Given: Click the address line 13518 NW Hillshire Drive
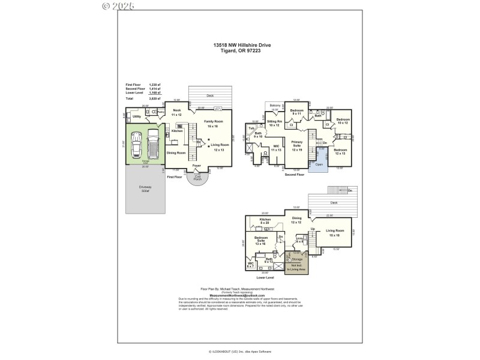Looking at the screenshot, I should click(x=240, y=44).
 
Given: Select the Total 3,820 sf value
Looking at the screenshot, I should click(x=155, y=97).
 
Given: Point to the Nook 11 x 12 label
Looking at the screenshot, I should click(x=176, y=112).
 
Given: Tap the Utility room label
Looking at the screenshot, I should click(x=136, y=116).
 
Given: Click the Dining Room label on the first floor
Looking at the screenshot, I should click(x=176, y=152).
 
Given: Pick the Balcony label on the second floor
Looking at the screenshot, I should click(x=275, y=106).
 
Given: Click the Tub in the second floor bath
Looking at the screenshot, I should click(x=251, y=128).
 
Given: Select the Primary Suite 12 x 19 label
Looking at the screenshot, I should click(x=296, y=146).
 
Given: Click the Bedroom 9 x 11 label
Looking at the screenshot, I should click(x=296, y=112).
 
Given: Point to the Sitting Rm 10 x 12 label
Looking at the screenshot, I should click(x=274, y=124).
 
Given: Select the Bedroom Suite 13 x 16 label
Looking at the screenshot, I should click(x=260, y=241).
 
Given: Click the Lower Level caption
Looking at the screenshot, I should click(x=265, y=278).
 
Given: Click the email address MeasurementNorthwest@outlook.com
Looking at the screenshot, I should click(x=237, y=295).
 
